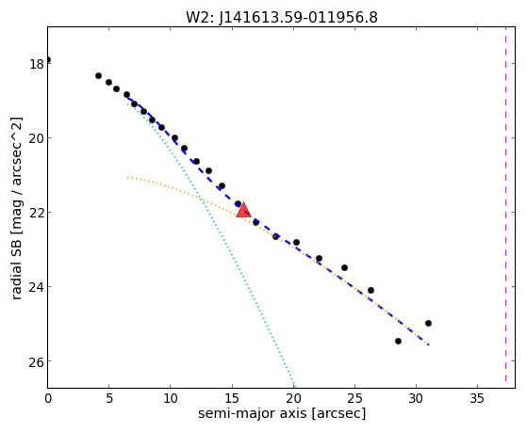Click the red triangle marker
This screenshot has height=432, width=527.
[243, 211]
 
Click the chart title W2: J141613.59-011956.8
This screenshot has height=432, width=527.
[282, 18]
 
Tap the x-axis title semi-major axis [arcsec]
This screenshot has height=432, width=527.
[282, 413]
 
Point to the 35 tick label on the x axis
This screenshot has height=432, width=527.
[477, 399]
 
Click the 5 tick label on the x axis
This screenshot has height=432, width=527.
[109, 399]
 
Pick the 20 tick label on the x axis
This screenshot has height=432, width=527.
[293, 399]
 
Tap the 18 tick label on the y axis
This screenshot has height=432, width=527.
[37, 64]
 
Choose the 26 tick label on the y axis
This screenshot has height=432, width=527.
[37, 361]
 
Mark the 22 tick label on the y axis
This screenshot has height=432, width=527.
[37, 213]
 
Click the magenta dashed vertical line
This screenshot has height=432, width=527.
[505, 205]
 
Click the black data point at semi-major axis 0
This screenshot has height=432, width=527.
[48, 59]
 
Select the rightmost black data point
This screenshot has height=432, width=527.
[428, 323]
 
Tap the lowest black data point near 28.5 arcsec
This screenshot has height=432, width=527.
[398, 341]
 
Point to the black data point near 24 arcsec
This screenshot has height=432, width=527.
[344, 267]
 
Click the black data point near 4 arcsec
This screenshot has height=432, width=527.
[98, 76]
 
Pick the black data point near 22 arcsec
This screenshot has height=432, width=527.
[319, 258]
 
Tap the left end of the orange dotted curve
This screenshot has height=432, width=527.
[127, 177]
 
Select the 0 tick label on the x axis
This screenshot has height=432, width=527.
[48, 399]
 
